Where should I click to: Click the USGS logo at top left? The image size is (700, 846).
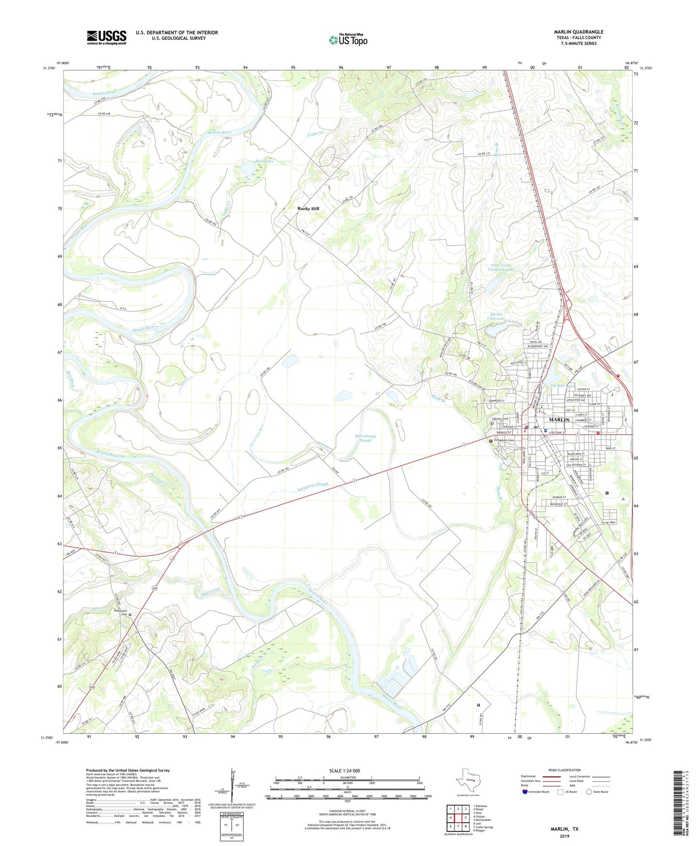[x=107, y=37]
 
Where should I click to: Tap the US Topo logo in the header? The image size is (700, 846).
[x=348, y=40]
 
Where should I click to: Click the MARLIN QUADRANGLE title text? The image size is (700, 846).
[x=578, y=32]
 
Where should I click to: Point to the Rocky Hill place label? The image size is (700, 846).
[x=308, y=208]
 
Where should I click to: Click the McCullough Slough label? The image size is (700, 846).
[x=365, y=438]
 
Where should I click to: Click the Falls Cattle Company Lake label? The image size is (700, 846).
[x=500, y=268]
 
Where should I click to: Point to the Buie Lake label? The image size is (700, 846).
[x=264, y=161]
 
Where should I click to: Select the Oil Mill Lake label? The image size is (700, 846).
[x=562, y=386]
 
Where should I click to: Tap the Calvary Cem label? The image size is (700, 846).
[x=499, y=419]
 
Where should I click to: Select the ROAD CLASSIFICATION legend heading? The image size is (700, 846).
[x=564, y=770]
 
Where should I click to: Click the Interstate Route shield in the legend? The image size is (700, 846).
[x=525, y=792]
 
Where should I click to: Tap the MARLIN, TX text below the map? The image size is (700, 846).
[x=564, y=829]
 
